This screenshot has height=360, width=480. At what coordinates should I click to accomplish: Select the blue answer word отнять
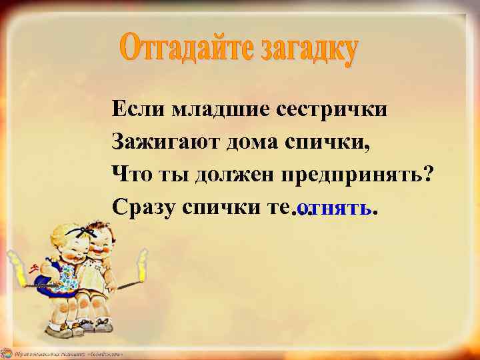pyautogui.click(x=336, y=208)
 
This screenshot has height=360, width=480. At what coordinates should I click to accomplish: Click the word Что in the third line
pyautogui.click(x=131, y=174)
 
